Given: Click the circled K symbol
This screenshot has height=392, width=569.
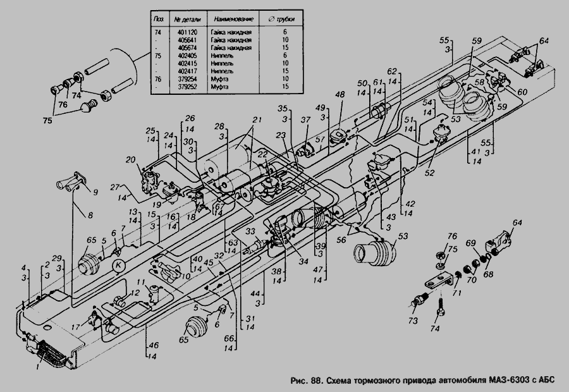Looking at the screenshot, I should tap(118, 266).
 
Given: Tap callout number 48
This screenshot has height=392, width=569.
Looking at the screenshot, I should tap(340, 95).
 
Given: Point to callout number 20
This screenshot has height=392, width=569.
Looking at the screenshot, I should tap(131, 159).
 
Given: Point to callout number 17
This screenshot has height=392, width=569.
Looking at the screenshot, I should tap(76, 327).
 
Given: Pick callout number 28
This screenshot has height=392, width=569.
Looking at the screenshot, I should tap(218, 126).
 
